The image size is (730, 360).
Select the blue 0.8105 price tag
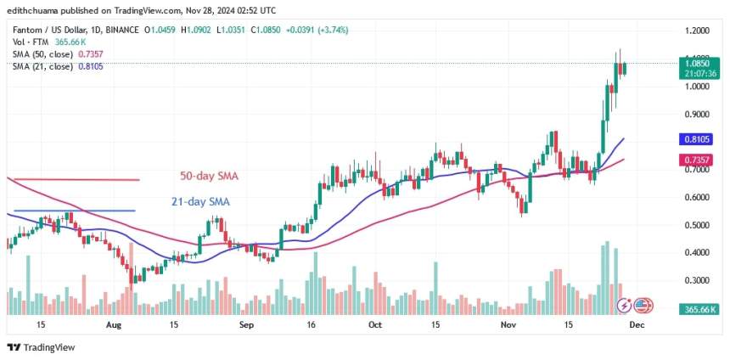tap(701, 139)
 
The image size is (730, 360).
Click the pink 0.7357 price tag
tap(701, 160)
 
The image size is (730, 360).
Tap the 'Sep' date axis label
tap(247, 324)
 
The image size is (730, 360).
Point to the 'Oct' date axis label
tap(374, 324)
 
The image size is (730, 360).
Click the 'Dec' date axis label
tap(637, 324)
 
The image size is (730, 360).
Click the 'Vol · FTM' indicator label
tap(24, 42)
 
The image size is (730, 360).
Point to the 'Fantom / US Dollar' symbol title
tap(48, 31)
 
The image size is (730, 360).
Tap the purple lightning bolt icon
tap(626, 304)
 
